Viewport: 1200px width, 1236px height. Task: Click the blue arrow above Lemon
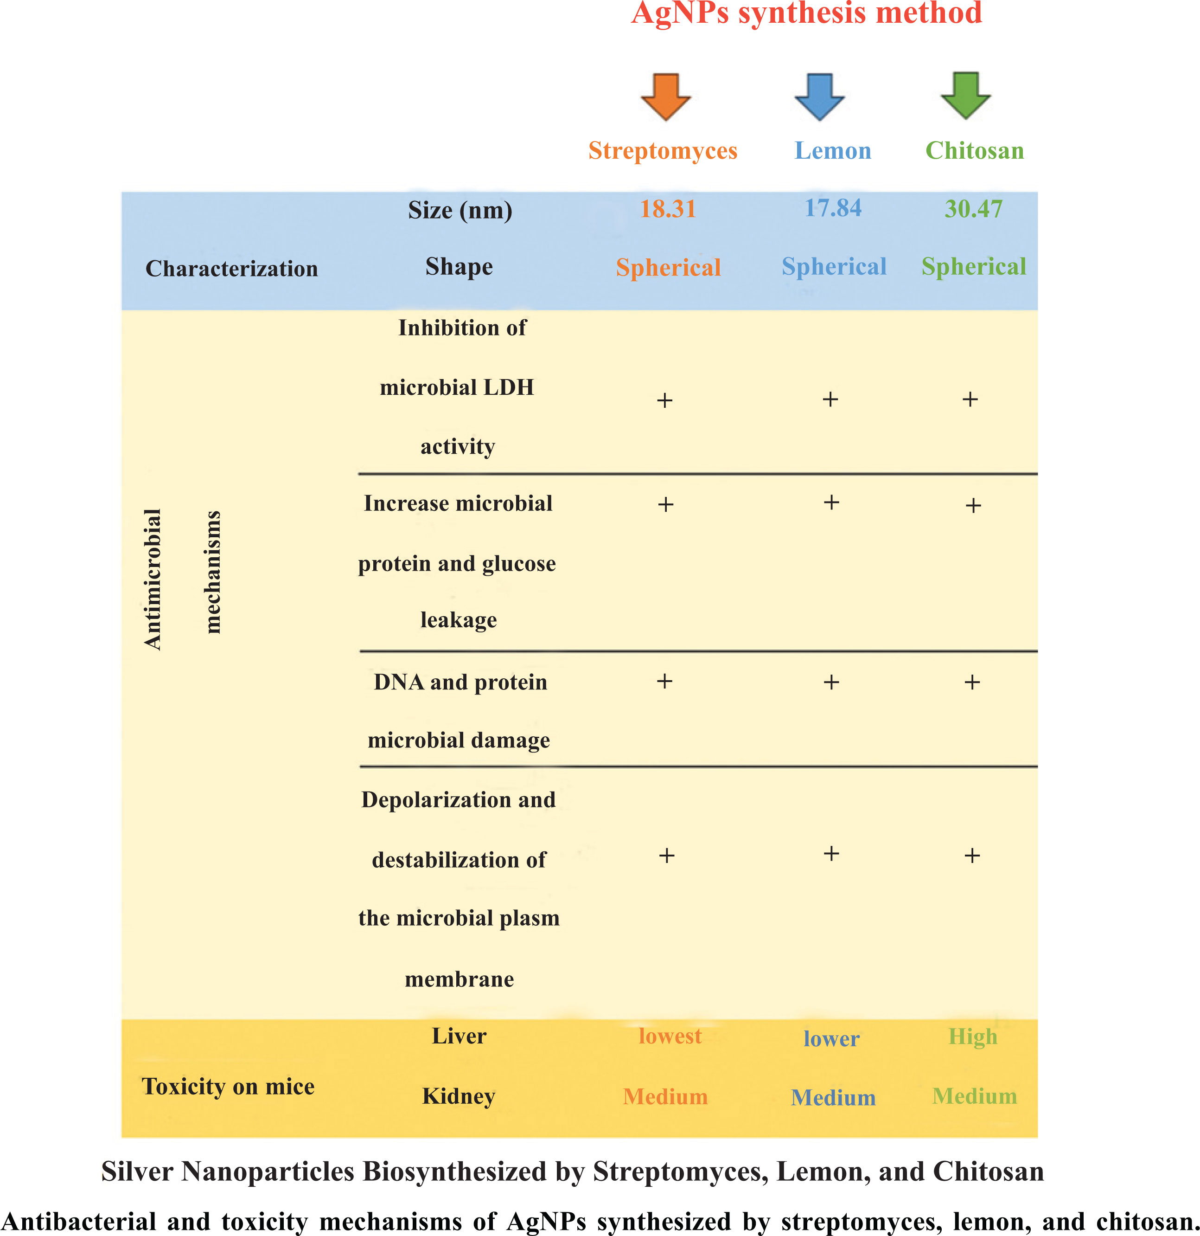(819, 97)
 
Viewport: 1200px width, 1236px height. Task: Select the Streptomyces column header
(663, 151)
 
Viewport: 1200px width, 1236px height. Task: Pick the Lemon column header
(833, 151)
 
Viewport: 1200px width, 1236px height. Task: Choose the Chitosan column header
(974, 151)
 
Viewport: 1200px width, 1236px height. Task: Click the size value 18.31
(667, 209)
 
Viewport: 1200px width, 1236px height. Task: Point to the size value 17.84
(833, 208)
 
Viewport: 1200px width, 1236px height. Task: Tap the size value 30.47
(973, 209)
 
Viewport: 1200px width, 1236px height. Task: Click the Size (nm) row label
(460, 210)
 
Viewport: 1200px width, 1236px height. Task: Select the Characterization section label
(231, 269)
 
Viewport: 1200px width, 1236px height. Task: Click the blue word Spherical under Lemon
(834, 267)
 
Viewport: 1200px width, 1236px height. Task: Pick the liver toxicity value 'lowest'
(670, 1036)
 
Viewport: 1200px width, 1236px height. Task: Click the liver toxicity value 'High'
(972, 1036)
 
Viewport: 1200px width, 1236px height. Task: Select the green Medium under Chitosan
(974, 1096)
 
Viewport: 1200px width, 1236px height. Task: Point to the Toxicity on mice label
(228, 1087)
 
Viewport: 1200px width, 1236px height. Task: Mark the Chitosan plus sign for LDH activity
(970, 399)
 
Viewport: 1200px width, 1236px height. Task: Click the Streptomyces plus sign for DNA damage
(664, 681)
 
